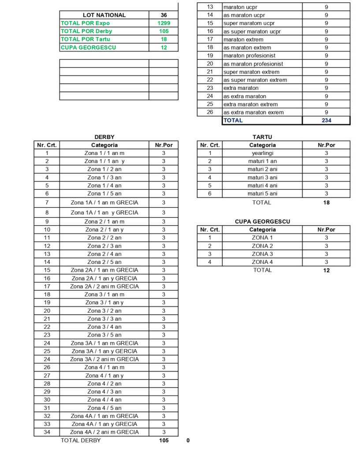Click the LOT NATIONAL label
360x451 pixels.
104,15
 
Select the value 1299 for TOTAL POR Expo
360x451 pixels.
163,23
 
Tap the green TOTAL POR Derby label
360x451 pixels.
86,31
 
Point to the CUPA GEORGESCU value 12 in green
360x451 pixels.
163,48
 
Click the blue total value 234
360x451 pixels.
326,120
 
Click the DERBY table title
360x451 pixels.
104,137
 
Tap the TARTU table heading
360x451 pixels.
262,137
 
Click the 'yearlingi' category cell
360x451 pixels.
262,153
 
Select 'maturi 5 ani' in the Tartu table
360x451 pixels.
262,193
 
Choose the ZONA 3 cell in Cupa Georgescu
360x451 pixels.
262,254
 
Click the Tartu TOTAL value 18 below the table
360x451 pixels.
326,203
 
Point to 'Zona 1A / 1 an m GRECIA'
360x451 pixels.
104,203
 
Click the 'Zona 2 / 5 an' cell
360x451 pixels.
104,262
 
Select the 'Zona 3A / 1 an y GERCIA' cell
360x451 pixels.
104,351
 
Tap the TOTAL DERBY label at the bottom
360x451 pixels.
81,440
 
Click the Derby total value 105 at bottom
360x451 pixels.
163,440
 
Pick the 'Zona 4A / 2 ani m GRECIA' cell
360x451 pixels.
104,432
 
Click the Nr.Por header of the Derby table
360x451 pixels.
163,145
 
